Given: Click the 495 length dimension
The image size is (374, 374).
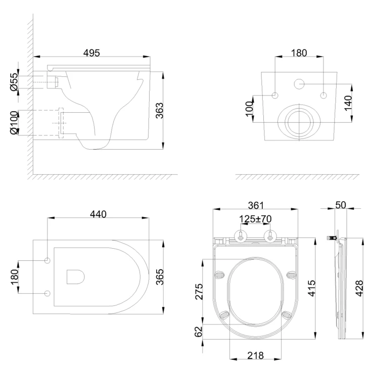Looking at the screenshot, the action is [x=91, y=53].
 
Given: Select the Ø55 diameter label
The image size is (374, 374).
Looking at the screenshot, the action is [x=14, y=82].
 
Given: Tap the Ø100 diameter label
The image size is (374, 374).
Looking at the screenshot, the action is [x=14, y=123].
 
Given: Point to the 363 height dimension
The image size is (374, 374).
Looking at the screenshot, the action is [x=159, y=111].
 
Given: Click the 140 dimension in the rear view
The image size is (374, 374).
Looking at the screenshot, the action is [x=348, y=103].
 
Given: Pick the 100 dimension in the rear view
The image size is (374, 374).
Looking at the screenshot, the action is [x=249, y=109].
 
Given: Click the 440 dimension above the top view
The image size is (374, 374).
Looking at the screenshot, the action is [x=98, y=214].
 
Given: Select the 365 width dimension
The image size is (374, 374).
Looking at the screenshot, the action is [x=159, y=277].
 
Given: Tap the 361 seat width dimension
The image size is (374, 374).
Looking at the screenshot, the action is [x=256, y=205].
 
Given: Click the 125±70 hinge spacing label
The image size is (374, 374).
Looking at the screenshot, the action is [x=255, y=219].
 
